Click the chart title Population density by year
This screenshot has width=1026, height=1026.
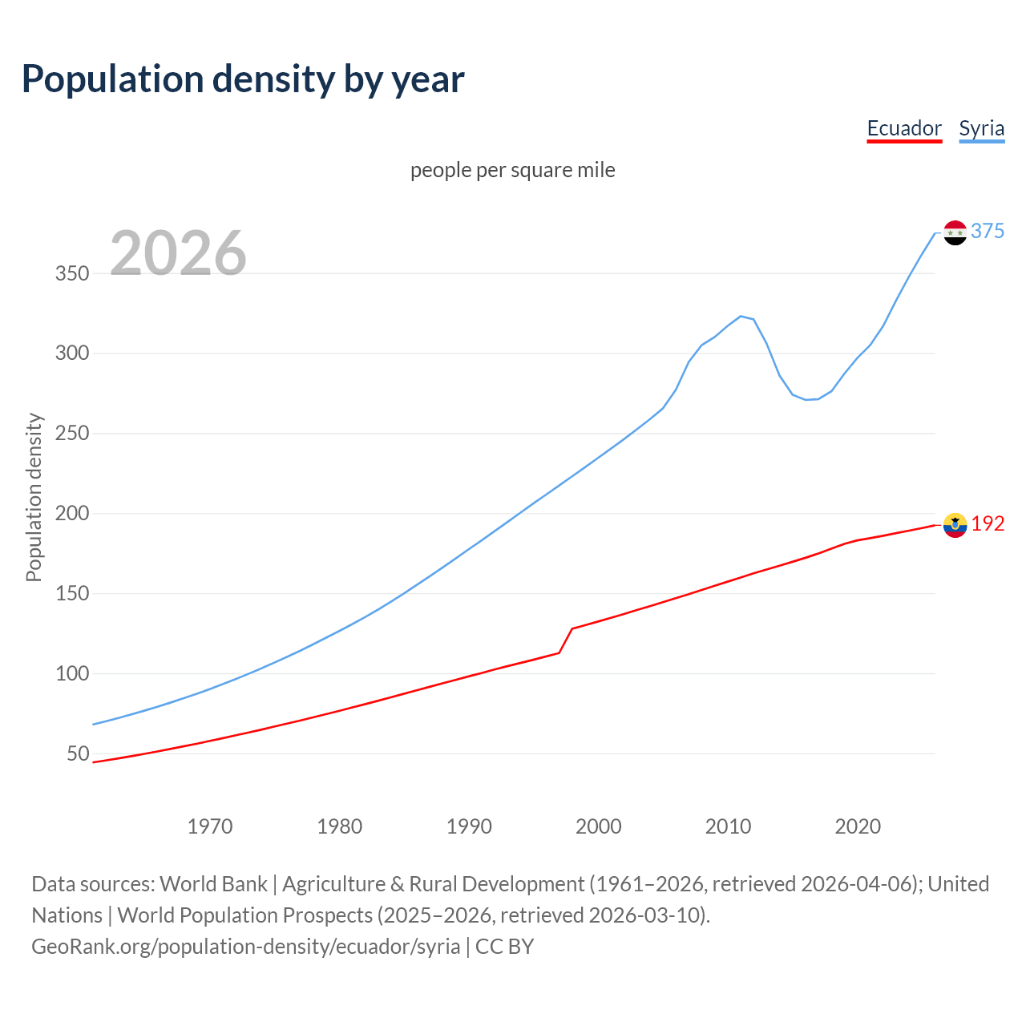pos(243,79)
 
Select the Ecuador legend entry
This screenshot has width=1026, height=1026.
pos(904,129)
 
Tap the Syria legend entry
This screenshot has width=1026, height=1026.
pos(981,129)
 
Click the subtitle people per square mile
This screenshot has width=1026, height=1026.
pos(512,170)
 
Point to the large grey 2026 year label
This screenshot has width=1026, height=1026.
pos(178,253)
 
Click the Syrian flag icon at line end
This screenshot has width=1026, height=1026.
pos(955,232)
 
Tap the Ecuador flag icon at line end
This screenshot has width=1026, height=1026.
pos(955,525)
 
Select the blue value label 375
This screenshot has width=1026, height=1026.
pos(988,231)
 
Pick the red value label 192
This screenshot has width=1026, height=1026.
pos(988,523)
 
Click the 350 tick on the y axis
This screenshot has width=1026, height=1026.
pos(72,273)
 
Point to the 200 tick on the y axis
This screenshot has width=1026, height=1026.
pos(72,513)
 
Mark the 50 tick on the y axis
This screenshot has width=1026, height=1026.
pos(78,753)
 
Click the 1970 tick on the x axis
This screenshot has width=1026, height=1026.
pos(210,826)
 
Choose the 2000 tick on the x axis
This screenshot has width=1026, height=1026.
pos(599,826)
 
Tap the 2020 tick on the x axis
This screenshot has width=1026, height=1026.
pos(858,826)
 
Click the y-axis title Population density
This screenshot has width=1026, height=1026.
pos(34,497)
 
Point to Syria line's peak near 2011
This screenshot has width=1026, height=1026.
pos(741,316)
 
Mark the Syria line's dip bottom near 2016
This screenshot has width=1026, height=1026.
pos(806,399)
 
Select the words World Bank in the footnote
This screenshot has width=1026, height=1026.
pos(213,884)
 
